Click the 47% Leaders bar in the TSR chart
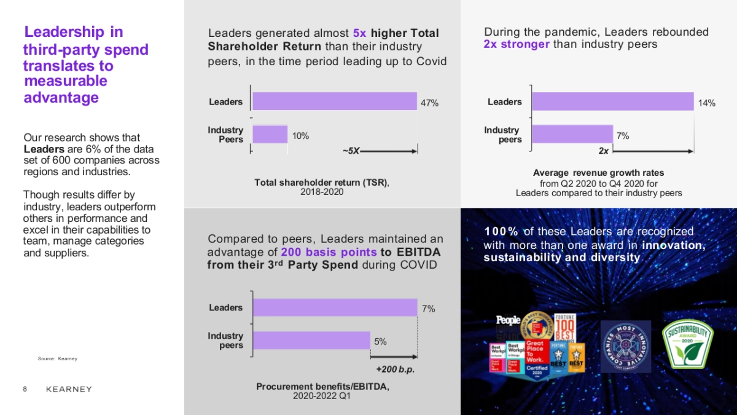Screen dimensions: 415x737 (x=335, y=101)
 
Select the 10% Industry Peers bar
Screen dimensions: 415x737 (x=270, y=134)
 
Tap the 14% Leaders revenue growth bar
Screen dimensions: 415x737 (x=612, y=101)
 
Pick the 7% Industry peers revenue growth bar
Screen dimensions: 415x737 (x=572, y=134)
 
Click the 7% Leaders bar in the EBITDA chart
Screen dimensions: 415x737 (x=335, y=307)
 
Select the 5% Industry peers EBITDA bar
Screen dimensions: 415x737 (x=311, y=341)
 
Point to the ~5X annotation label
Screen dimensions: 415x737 (x=351, y=151)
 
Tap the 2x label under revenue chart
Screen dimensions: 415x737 (x=604, y=151)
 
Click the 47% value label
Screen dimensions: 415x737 (x=429, y=103)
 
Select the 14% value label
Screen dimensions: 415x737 (x=707, y=103)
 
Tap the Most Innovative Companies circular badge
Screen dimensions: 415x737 (x=625, y=346)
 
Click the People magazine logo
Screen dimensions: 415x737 (x=508, y=320)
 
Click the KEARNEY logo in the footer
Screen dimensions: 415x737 (x=69, y=389)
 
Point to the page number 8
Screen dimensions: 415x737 (x=25, y=389)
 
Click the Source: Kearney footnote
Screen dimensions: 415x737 (x=57, y=358)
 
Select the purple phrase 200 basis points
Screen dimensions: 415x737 (x=329, y=252)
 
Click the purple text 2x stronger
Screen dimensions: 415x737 (x=517, y=44)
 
